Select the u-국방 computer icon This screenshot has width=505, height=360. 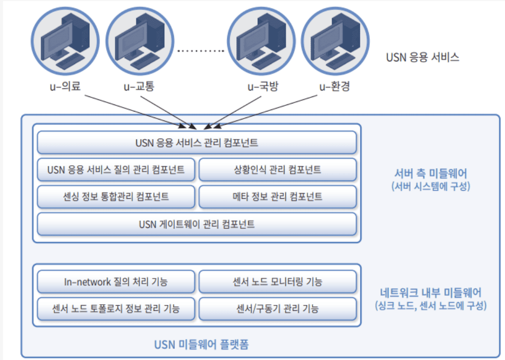261,40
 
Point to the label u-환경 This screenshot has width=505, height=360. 334,86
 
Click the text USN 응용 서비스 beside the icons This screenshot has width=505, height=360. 422,57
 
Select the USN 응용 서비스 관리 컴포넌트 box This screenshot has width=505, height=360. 197,143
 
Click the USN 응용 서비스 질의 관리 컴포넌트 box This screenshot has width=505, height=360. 116,170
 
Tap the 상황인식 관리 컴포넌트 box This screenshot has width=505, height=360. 277,170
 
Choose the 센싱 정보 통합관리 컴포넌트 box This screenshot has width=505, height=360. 116,197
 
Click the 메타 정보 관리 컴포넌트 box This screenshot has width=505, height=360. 277,197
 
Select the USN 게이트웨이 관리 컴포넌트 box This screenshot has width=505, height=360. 197,224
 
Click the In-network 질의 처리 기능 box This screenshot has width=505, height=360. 116,282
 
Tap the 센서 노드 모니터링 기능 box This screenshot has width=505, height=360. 277,282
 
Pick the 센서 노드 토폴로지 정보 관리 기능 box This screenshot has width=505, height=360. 116,308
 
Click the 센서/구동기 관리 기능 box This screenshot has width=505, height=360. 277,308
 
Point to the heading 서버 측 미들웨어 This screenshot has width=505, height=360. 430,173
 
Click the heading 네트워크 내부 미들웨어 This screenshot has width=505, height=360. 431,292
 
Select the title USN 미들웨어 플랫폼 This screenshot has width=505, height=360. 201,345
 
